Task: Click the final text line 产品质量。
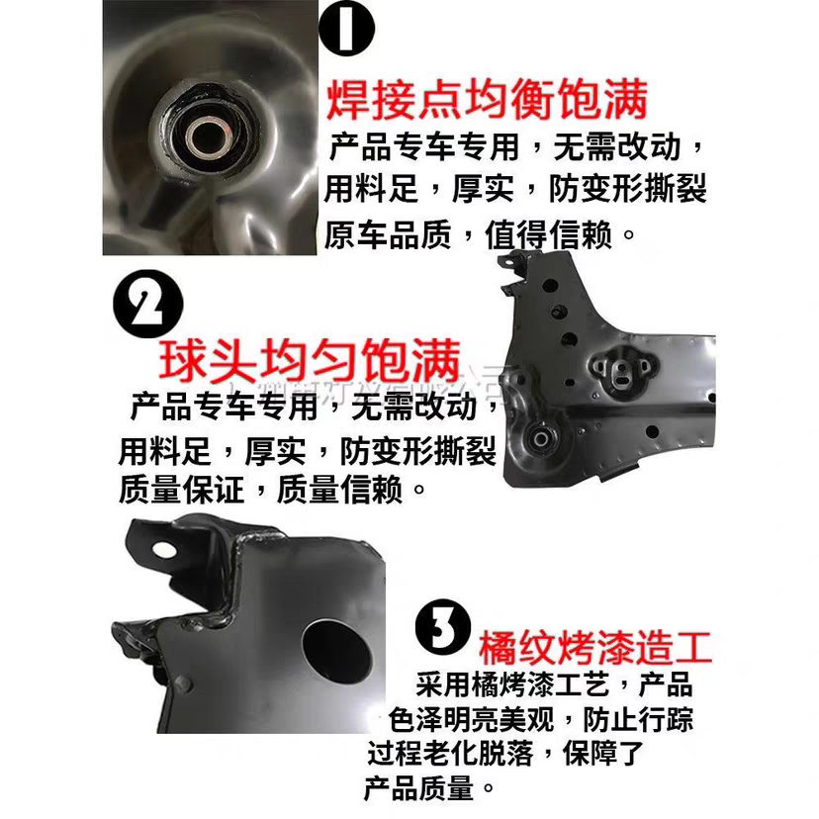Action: [x=430, y=788]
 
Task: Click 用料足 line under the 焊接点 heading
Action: [x=514, y=190]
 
